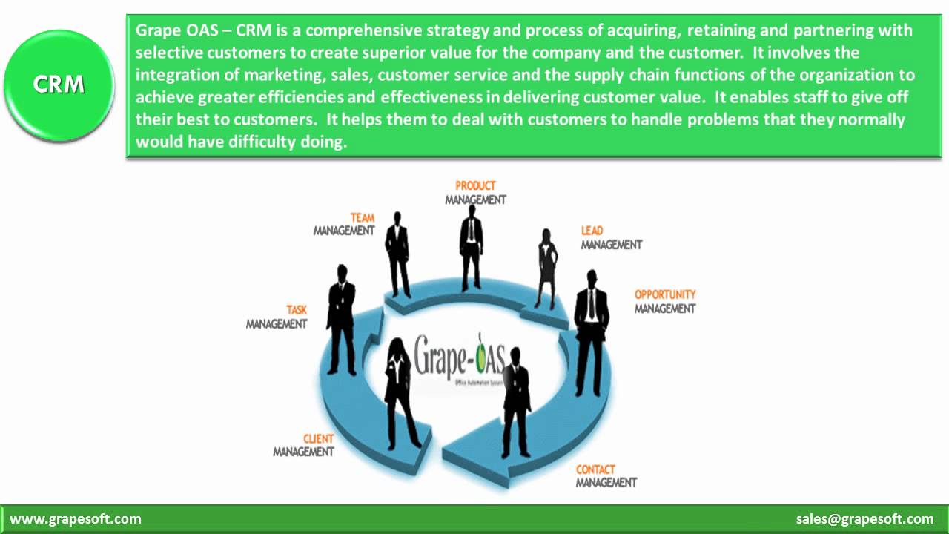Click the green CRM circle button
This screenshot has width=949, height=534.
(x=59, y=85)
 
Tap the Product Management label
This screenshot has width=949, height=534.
(x=475, y=193)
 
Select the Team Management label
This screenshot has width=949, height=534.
(x=345, y=224)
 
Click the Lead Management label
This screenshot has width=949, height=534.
(x=611, y=237)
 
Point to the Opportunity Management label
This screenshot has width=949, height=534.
(x=665, y=301)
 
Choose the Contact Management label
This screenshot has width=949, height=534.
(x=606, y=475)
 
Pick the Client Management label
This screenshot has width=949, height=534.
(x=304, y=445)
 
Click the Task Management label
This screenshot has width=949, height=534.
(x=277, y=317)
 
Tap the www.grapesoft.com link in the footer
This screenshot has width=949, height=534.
(x=76, y=519)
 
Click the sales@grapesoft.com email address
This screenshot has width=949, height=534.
(x=864, y=519)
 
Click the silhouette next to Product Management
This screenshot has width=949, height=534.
(x=471, y=248)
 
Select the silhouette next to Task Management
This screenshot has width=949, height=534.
(x=341, y=319)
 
